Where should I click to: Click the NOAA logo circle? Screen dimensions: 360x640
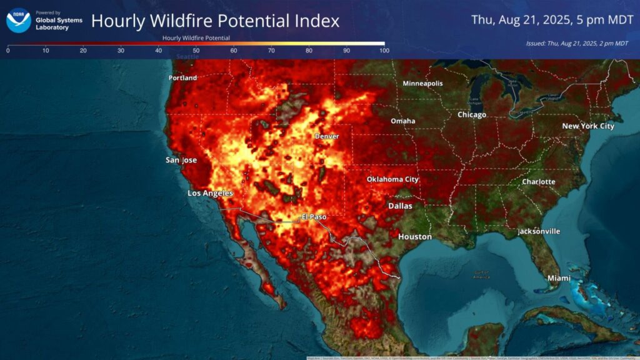pyautogui.click(x=18, y=20)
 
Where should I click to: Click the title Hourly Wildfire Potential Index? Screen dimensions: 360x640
pyautogui.click(x=215, y=21)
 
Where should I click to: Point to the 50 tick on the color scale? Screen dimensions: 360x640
pyautogui.click(x=196, y=51)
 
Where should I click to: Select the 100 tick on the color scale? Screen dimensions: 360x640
pyautogui.click(x=384, y=51)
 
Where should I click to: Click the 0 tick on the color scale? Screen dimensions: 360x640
pyautogui.click(x=7, y=51)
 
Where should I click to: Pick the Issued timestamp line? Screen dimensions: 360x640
pyautogui.click(x=577, y=43)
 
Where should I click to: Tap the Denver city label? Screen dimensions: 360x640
pyautogui.click(x=327, y=136)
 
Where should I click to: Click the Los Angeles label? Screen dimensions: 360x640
pyautogui.click(x=210, y=194)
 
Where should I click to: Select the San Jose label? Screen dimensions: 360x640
pyautogui.click(x=181, y=160)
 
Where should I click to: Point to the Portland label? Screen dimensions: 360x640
pyautogui.click(x=182, y=78)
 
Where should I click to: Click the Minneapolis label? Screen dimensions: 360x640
pyautogui.click(x=422, y=84)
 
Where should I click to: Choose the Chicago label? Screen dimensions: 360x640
pyautogui.click(x=471, y=115)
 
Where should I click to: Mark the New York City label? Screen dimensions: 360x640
pyautogui.click(x=587, y=126)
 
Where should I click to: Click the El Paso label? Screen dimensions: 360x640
pyautogui.click(x=314, y=217)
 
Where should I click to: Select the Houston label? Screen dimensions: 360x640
pyautogui.click(x=415, y=237)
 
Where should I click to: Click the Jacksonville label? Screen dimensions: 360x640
pyautogui.click(x=538, y=231)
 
